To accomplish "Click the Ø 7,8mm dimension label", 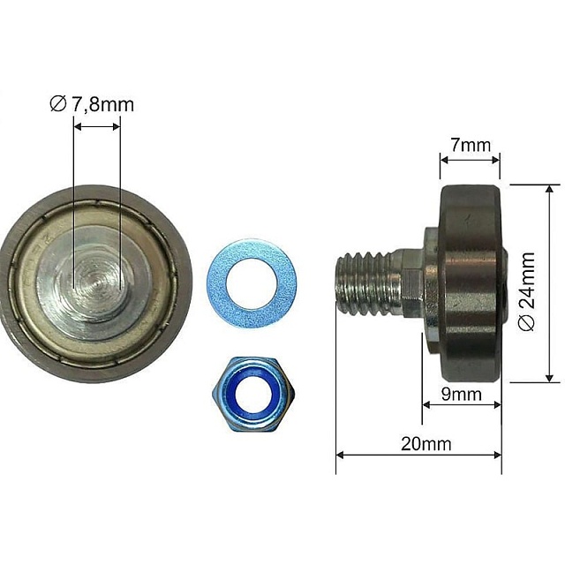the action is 92,104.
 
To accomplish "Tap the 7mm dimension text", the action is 471,145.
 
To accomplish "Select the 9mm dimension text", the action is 462,395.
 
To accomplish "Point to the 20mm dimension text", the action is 426,444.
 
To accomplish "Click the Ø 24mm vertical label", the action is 527,291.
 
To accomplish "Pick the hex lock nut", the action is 253,395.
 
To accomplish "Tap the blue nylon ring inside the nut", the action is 252,392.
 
